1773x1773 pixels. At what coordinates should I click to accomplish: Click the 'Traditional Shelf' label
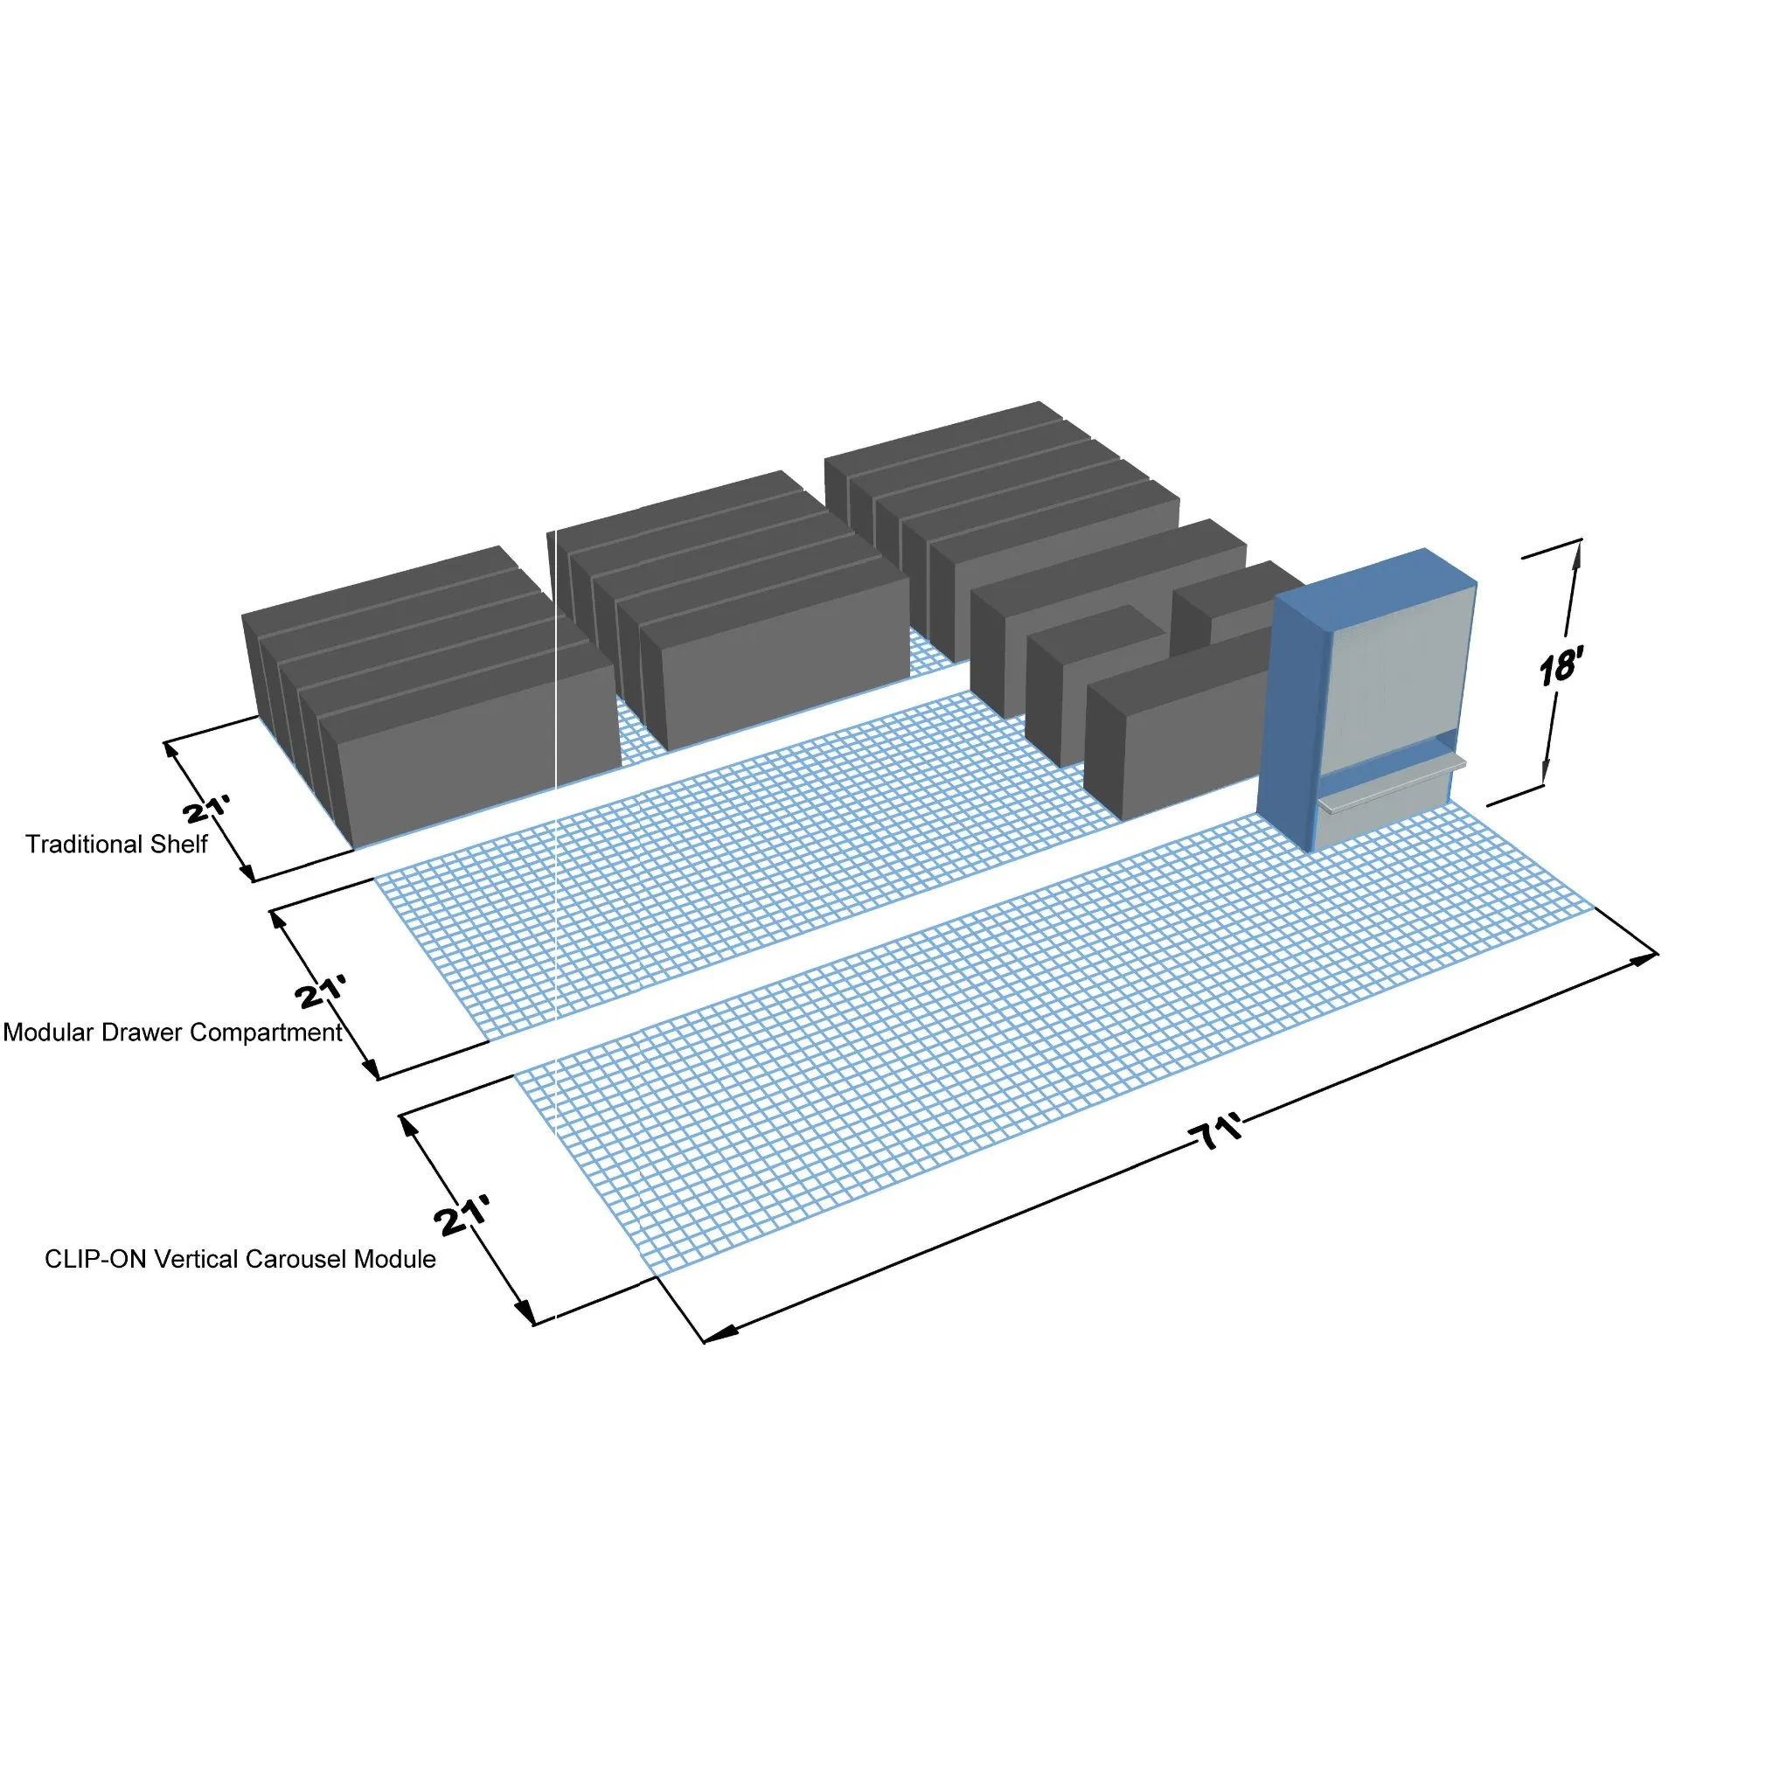coord(116,845)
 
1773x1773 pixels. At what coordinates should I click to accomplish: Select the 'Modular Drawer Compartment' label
coord(172,1033)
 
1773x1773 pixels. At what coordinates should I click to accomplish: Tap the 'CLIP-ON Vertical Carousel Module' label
coord(240,1259)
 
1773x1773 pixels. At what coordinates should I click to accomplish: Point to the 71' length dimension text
coord(1220,1131)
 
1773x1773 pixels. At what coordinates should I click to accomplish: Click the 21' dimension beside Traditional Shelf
coord(206,810)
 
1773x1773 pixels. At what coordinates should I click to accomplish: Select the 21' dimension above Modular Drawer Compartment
coord(321,992)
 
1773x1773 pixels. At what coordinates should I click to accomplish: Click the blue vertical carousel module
coord(1367,699)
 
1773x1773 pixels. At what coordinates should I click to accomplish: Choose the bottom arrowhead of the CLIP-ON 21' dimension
coord(525,1311)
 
